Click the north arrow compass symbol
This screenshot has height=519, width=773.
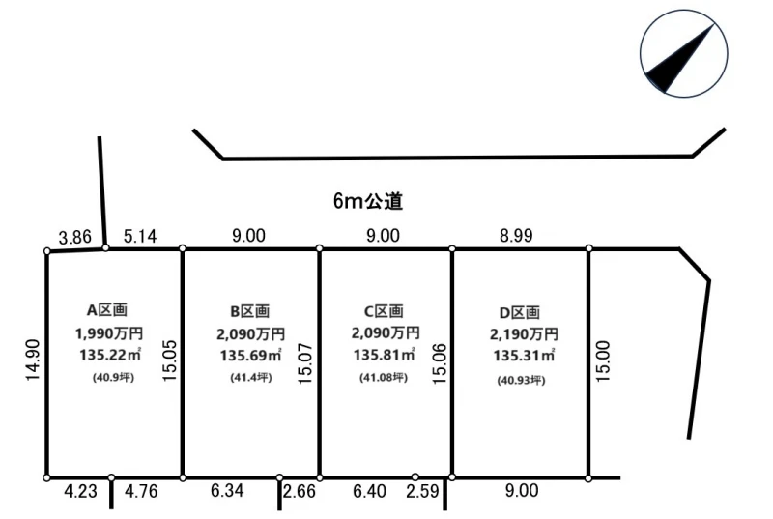[x=683, y=53]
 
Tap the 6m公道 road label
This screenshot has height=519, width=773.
[x=368, y=201]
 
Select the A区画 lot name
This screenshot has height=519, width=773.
[x=107, y=310]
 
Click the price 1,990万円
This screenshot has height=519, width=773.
[x=109, y=333]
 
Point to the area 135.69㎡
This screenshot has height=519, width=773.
[x=250, y=355]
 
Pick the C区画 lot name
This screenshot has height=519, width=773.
[x=384, y=311]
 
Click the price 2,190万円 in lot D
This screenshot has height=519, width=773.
[x=524, y=334]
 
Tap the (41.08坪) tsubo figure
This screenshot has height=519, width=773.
[x=384, y=378]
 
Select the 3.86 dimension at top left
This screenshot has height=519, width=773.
[x=75, y=237]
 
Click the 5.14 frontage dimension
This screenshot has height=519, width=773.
[x=140, y=236]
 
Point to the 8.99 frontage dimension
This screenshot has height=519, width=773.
[x=516, y=236]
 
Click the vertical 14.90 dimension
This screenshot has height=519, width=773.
[x=33, y=360]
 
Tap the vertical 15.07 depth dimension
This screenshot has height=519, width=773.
[x=305, y=363]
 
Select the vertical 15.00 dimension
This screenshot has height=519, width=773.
[x=602, y=361]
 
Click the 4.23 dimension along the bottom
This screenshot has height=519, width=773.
[x=80, y=491]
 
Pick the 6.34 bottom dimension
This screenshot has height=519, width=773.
[x=227, y=490]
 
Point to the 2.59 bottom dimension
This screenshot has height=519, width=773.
[x=422, y=491]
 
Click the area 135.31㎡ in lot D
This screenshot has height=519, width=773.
[x=524, y=356]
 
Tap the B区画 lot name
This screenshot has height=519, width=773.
[x=250, y=311]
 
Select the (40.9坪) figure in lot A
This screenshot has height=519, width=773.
[x=113, y=378]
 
